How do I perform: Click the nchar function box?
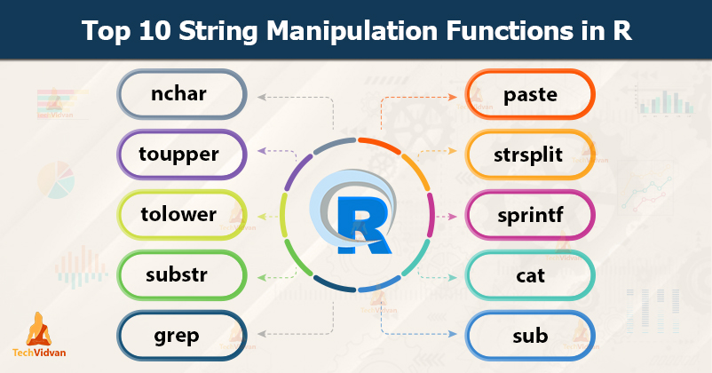pyautogui.click(x=182, y=94)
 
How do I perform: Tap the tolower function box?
pyautogui.click(x=182, y=215)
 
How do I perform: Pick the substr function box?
pyautogui.click(x=182, y=275)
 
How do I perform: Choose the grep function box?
pyautogui.click(x=182, y=336)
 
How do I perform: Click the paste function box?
pyautogui.click(x=530, y=94)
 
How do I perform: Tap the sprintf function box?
pyautogui.click(x=530, y=215)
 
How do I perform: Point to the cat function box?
pyautogui.click(x=530, y=275)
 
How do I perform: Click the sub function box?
pyautogui.click(x=530, y=336)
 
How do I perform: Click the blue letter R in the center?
pyautogui.click(x=357, y=217)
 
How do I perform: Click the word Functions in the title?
pyautogui.click(x=503, y=32)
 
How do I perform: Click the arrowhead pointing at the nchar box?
pyautogui.click(x=258, y=94)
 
